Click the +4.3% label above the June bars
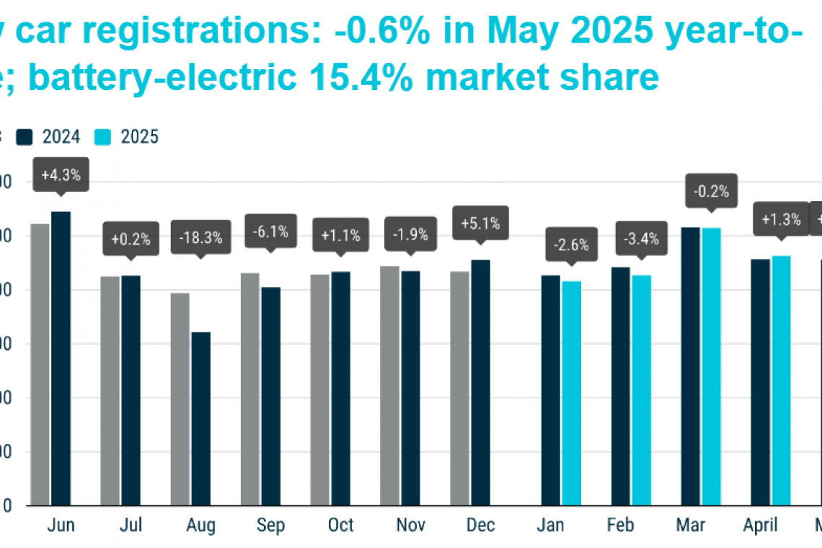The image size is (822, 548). coord(60,175)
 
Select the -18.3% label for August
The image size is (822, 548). coord(200,237)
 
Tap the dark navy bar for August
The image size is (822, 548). coord(200,418)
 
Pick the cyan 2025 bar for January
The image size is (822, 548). coord(571,393)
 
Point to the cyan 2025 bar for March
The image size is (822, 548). coord(711,366)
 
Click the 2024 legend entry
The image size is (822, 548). coord(50,137)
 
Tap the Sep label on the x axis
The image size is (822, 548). coord(270,526)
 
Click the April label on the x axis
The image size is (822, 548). coord(761,526)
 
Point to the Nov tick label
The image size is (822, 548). coord(410,526)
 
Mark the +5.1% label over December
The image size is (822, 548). coord(480,224)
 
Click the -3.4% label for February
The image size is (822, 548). coord(641,239)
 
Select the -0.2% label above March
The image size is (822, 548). coord(711,192)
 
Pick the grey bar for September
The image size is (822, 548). coord(249,389)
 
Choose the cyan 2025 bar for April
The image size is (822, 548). coord(781,380)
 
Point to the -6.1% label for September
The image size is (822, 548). coord(270,232)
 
